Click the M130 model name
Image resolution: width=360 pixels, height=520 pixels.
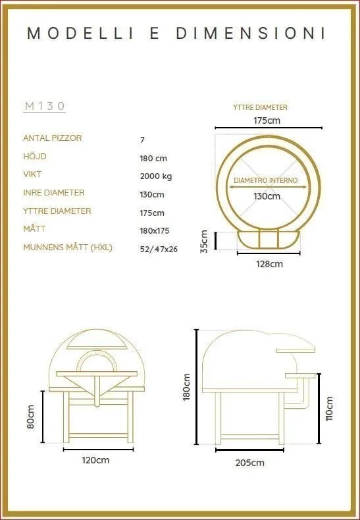45,106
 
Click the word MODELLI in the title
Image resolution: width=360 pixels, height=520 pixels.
80,33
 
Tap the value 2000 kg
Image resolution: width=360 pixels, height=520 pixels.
156,176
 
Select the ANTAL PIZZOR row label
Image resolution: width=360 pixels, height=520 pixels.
53,138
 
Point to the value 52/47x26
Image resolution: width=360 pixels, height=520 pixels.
159,249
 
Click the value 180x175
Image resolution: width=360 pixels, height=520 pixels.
155,231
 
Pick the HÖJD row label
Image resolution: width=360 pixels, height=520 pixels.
35,156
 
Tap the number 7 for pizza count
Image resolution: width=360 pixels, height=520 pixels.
142,140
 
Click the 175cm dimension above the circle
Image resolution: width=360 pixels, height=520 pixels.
267,120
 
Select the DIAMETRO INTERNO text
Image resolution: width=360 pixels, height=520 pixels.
266,180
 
